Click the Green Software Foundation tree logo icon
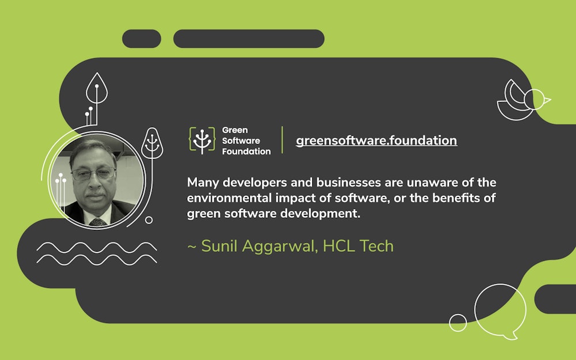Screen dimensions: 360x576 click(x=202, y=140)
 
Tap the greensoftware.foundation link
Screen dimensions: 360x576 click(x=376, y=140)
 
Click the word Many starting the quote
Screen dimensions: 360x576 click(x=202, y=183)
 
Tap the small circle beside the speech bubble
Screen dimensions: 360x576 click(x=458, y=323)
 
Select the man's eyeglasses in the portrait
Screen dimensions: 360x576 click(x=93, y=173)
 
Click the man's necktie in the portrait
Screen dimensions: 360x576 click(x=98, y=221)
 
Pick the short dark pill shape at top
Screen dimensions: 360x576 click(x=141, y=39)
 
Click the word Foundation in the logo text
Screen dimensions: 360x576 click(x=246, y=151)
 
